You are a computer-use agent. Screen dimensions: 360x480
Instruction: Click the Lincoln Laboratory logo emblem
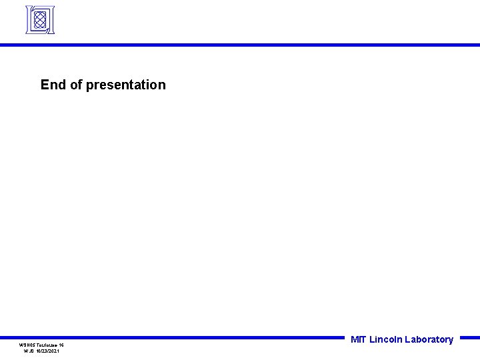pyautogui.click(x=39, y=20)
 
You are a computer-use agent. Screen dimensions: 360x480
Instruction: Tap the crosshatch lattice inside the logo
pyautogui.click(x=39, y=20)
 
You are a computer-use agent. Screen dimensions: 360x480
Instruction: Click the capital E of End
pyautogui.click(x=45, y=85)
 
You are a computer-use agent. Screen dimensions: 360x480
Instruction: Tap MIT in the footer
pyautogui.click(x=359, y=339)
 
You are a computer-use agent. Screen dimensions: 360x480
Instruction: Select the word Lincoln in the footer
pyautogui.click(x=386, y=339)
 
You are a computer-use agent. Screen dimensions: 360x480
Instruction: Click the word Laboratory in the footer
pyautogui.click(x=429, y=339)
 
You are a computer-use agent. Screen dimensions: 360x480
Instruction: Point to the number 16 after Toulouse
pyautogui.click(x=61, y=345)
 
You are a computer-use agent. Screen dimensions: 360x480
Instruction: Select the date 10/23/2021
pyautogui.click(x=47, y=351)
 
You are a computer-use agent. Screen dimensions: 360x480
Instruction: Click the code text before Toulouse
pyautogui.click(x=26, y=345)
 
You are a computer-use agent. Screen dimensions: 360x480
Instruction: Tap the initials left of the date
pyautogui.click(x=29, y=351)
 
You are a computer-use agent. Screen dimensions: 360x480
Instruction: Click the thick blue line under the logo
pyautogui.click(x=240, y=45)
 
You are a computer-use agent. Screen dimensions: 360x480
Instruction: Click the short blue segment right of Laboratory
pyautogui.click(x=469, y=337)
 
